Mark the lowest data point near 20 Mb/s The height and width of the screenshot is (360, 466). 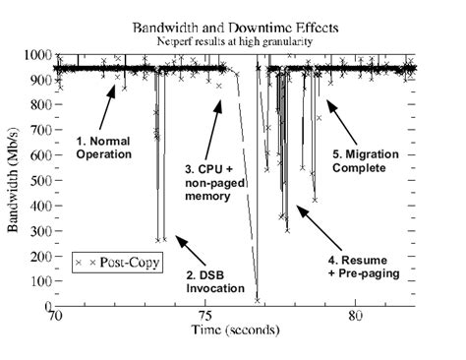coord(257,300)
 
